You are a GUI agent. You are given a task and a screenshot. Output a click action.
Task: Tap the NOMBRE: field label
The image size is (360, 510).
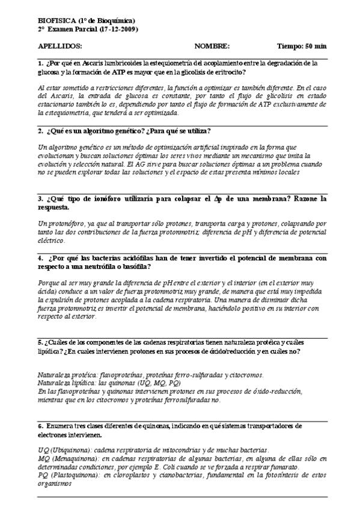click(x=212, y=46)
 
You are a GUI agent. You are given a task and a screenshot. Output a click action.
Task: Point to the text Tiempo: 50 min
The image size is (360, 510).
click(x=302, y=46)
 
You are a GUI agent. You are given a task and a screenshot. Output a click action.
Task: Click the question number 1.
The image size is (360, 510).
click(x=40, y=63)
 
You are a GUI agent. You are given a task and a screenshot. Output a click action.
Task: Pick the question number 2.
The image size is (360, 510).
click(x=40, y=131)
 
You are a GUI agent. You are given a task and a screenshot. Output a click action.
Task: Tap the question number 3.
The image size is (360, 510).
click(x=40, y=199)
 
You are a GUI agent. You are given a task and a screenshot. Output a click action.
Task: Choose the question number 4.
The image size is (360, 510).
click(x=40, y=258)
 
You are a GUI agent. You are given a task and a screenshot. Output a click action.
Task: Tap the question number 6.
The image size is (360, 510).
click(x=40, y=426)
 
